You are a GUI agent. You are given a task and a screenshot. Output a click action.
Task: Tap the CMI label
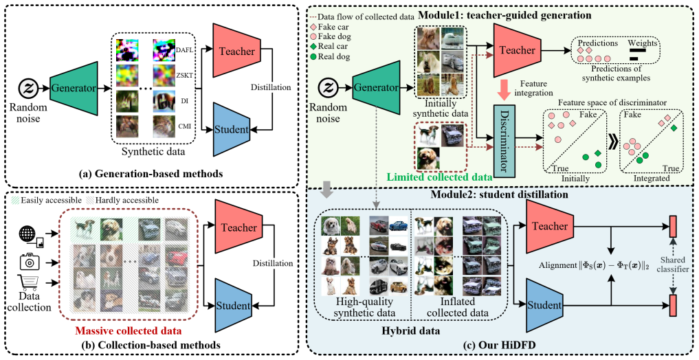(185, 126)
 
